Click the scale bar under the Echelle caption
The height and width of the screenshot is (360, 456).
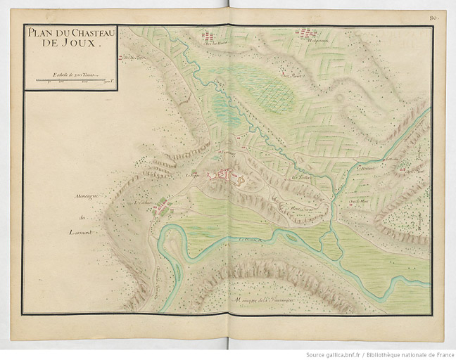coord(70,81)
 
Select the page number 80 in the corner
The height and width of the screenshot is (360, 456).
coord(434,16)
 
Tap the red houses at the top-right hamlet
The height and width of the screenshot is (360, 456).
coord(306,32)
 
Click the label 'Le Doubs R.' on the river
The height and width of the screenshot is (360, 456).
coord(251,240)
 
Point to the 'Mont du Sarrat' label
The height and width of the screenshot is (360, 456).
coord(303,209)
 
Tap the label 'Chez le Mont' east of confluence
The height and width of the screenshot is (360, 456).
coord(359,200)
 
